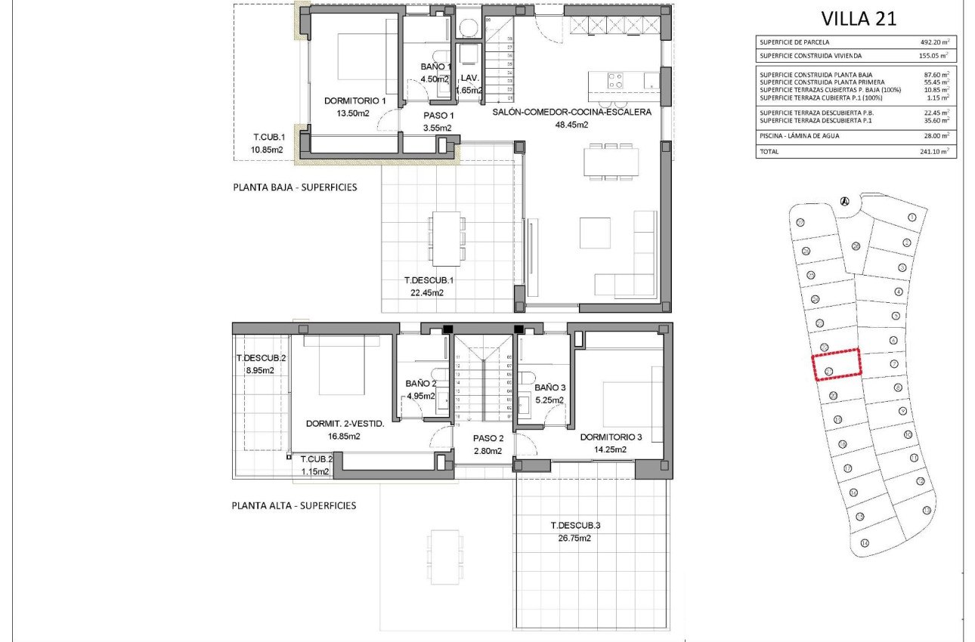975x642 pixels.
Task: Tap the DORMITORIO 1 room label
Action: (354, 100)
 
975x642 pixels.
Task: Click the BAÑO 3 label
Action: (550, 387)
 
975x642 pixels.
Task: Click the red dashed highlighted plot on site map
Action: (837, 364)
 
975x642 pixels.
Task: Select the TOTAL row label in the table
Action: (769, 152)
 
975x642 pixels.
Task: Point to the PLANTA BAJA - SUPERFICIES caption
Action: (295, 187)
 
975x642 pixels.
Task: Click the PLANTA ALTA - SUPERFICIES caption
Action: (293, 505)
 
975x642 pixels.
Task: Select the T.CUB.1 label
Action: (268, 137)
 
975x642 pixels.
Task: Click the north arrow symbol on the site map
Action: (845, 201)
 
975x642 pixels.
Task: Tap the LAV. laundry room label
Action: (470, 79)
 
